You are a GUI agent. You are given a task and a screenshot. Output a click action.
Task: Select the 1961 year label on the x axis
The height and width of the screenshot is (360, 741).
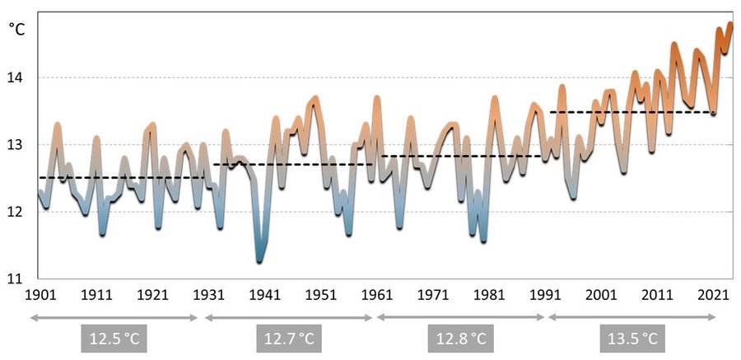(x=377, y=295)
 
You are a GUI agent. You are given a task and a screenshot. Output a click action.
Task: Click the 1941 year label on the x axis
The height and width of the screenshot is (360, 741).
(x=265, y=295)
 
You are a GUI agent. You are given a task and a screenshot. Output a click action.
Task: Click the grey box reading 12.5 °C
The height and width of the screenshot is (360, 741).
(x=117, y=339)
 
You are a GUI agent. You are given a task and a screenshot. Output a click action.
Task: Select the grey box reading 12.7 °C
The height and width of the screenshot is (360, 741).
(x=289, y=339)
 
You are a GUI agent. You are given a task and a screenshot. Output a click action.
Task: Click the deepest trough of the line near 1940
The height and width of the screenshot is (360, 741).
(x=259, y=260)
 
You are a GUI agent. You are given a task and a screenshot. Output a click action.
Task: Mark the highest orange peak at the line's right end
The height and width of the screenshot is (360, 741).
(x=729, y=25)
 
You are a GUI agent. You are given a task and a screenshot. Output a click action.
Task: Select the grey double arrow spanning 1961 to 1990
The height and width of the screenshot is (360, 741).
(x=459, y=316)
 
